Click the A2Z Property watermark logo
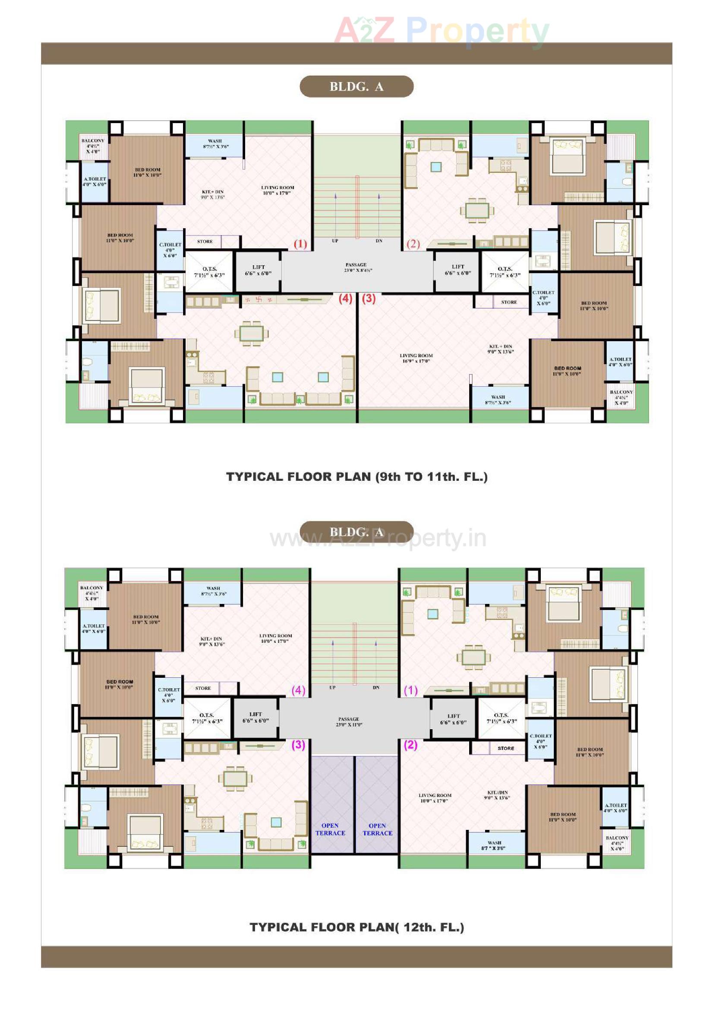[442, 31]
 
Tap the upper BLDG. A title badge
[356, 87]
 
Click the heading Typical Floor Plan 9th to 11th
[356, 477]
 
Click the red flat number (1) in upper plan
[300, 244]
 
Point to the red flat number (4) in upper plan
[345, 299]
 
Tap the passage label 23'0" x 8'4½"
[356, 267]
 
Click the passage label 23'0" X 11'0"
[349, 722]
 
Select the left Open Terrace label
[330, 829]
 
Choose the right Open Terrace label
[377, 829]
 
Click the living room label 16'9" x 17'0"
[416, 358]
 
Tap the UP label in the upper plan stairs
[335, 241]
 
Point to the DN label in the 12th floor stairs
[376, 688]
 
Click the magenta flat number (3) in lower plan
[299, 745]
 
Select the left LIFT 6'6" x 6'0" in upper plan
[258, 270]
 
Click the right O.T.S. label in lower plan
[501, 718]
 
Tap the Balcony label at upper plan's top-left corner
[93, 146]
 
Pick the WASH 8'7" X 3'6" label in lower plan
[495, 845]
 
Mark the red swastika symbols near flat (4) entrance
[259, 299]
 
